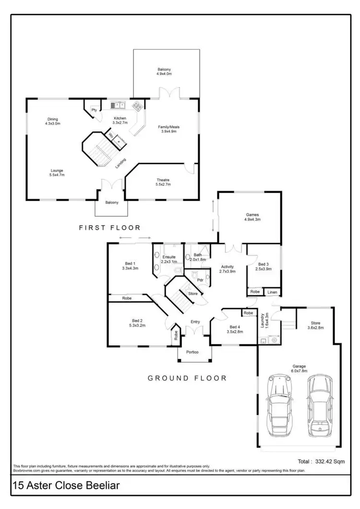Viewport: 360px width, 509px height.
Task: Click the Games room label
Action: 252,215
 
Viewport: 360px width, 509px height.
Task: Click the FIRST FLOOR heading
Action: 110,228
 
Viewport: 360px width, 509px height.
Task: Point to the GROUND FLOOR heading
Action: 187,378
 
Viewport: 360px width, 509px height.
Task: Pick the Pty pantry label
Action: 94,110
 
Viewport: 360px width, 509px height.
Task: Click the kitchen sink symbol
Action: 117,105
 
